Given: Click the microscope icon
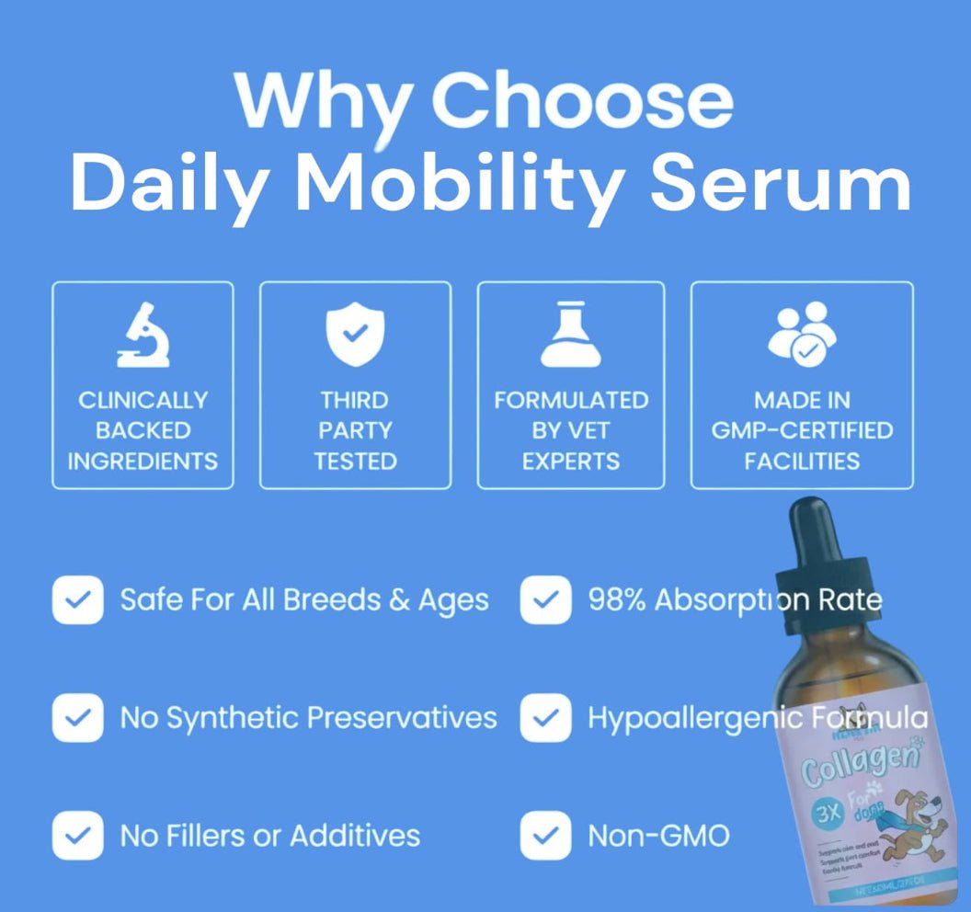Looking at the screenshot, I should point(143,336).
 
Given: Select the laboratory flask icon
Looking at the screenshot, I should point(570,335).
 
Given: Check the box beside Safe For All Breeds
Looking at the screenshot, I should point(78,600).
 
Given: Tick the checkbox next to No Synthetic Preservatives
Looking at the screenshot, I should point(78,717).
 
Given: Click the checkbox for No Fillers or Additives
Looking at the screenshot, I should point(78,835).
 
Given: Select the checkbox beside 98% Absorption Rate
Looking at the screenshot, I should point(545,600).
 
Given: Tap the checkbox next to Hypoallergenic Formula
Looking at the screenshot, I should point(545,717).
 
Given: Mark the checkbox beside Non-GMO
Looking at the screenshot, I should point(545,835).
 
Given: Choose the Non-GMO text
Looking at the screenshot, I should point(658,835).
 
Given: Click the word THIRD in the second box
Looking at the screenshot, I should point(355,400).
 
